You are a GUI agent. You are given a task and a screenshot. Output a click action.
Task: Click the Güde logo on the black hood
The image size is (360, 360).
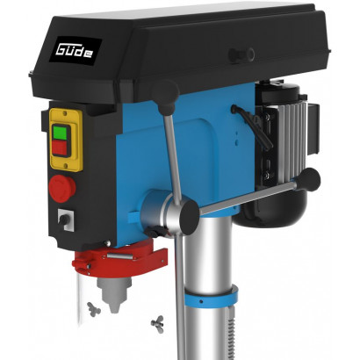75,52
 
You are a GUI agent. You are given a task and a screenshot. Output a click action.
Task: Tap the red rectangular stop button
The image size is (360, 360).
60,148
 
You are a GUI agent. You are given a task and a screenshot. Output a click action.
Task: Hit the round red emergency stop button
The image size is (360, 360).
62,189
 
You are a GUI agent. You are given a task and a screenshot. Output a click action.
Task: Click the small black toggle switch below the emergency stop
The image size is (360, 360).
64,220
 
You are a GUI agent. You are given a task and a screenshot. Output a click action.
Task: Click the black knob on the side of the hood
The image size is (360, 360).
241,55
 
